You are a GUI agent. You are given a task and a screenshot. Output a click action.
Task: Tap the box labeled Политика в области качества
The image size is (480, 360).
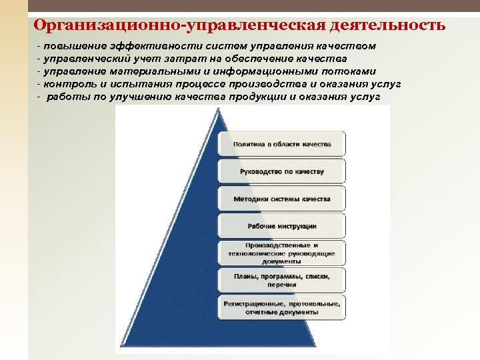tap(281, 144)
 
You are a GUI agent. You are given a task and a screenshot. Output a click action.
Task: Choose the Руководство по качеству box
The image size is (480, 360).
tap(281, 171)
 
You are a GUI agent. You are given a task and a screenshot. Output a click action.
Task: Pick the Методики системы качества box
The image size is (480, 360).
tap(281, 199)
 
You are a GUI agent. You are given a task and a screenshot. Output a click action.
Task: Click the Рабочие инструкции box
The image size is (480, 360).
tap(281, 226)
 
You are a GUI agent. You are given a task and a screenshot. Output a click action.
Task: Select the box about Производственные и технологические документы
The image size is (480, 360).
tap(281, 253)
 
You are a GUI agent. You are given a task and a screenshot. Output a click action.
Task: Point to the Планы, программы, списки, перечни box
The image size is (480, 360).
tap(281, 279)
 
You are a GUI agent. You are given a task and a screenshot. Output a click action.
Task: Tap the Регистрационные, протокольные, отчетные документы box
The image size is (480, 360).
tap(281, 307)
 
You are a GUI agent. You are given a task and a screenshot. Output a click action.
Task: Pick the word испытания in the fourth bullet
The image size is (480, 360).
tap(143, 84)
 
